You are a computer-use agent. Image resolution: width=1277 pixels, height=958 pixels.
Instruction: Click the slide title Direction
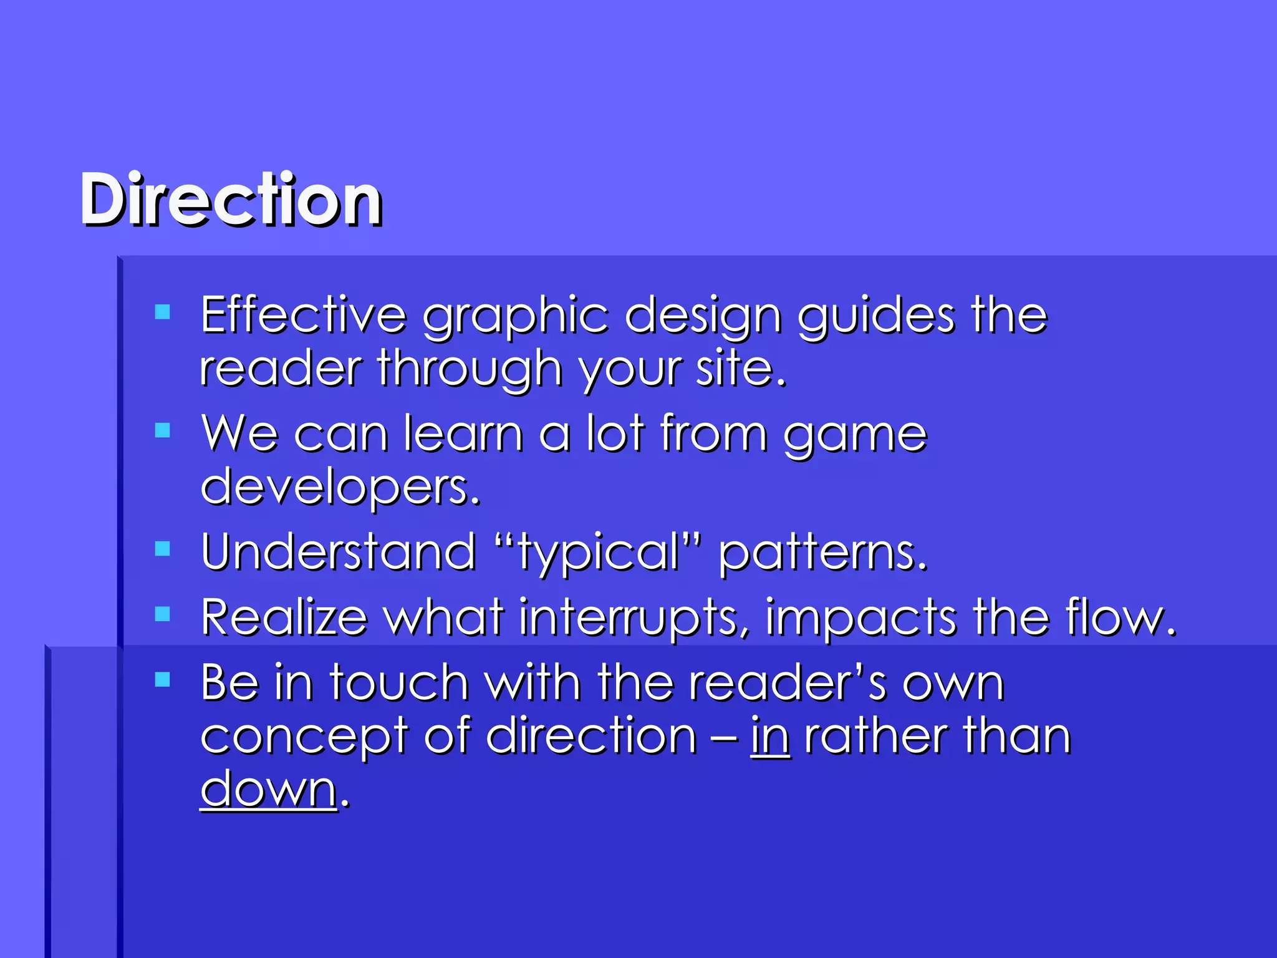click(231, 200)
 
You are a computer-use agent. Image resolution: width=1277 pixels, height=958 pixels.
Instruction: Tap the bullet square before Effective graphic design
click(163, 312)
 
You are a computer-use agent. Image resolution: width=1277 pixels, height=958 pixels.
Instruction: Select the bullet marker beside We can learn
click(163, 430)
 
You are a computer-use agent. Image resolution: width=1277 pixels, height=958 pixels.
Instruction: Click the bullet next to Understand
click(163, 548)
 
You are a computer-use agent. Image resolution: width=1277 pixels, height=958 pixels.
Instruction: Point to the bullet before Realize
click(163, 614)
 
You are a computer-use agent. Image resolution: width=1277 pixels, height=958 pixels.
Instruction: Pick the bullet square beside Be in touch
click(163, 679)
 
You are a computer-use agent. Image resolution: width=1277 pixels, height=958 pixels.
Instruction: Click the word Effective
click(303, 316)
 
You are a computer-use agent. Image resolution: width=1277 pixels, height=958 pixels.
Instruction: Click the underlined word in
click(771, 736)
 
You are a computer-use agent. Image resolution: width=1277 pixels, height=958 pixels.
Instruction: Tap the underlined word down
click(269, 789)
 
